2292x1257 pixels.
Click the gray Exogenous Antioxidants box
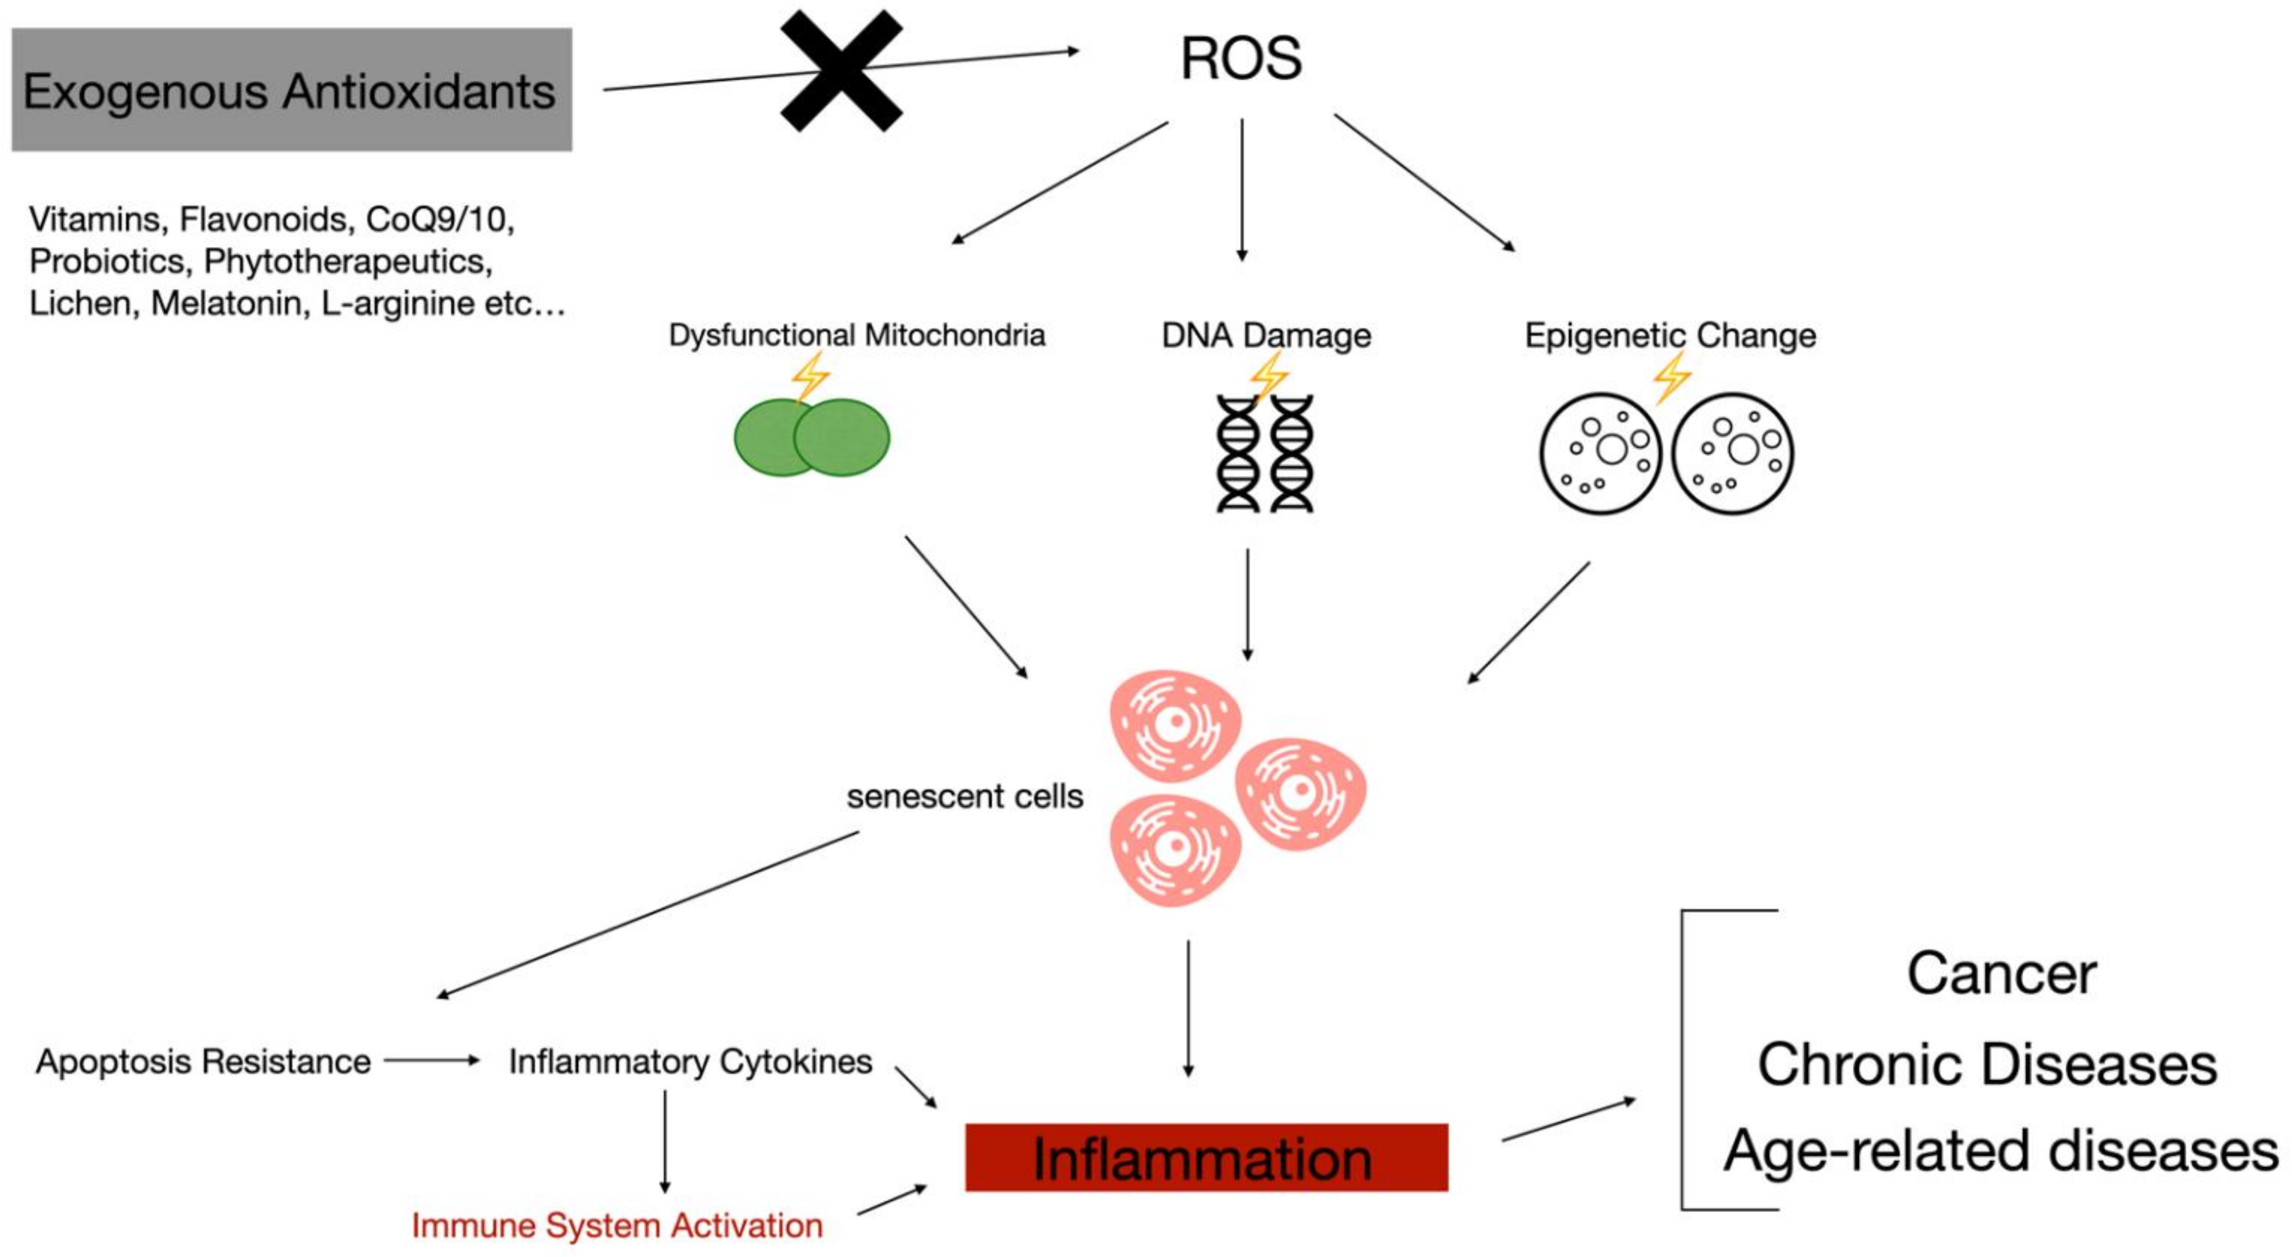click(291, 90)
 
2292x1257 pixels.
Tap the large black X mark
click(841, 71)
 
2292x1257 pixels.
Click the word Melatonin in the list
click(226, 303)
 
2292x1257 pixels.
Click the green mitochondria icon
click(811, 437)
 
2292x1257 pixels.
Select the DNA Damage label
click(1265, 335)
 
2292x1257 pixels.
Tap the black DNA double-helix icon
click(1264, 453)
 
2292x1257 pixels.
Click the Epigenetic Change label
click(1670, 335)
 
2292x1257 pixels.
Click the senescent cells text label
click(964, 796)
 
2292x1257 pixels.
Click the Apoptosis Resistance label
click(203, 1061)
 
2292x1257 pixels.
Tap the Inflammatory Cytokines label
click(690, 1061)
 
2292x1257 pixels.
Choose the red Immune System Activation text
click(616, 1225)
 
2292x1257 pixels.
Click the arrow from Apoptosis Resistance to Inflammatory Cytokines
click(432, 1061)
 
